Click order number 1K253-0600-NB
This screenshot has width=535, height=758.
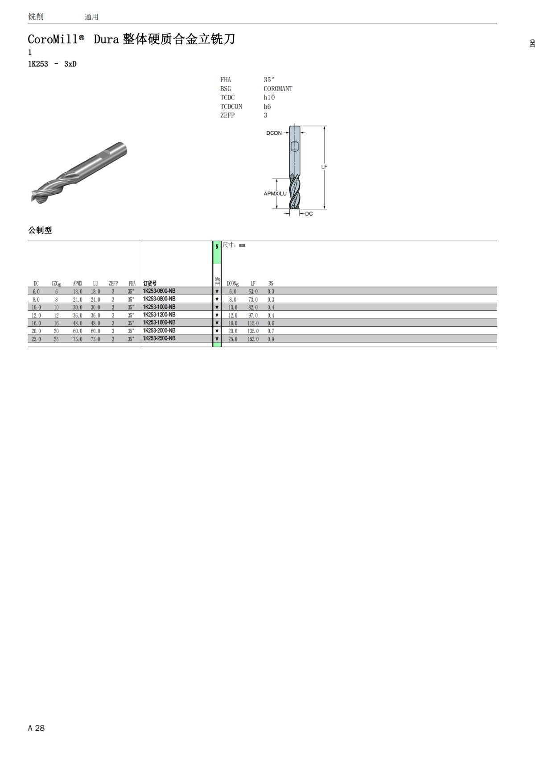coord(159,291)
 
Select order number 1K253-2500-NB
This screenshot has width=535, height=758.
coord(159,338)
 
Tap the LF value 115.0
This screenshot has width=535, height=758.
coord(253,324)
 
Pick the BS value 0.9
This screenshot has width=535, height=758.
coord(271,339)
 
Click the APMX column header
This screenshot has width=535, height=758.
coord(78,283)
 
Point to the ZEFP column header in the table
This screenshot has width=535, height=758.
coord(113,283)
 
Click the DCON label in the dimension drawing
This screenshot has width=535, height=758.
coord(274,133)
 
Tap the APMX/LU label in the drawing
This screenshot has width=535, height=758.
coord(275,194)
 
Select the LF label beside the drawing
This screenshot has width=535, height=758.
coord(324,167)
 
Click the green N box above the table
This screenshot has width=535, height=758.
coord(217,252)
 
